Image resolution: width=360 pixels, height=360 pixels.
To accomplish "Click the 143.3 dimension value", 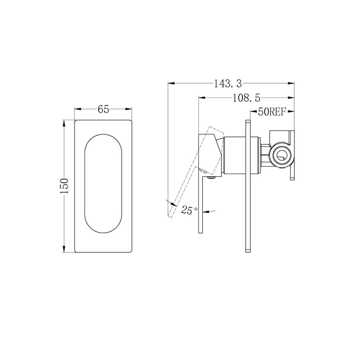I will pos(228,83).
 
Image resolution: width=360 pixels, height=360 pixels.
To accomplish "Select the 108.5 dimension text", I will pos(246,98).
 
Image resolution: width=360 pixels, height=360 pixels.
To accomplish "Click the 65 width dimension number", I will pos(103,109).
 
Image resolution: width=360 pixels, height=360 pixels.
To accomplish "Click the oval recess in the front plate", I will pos(103,186).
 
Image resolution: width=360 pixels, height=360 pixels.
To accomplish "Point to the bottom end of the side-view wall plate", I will pos(247,250).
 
